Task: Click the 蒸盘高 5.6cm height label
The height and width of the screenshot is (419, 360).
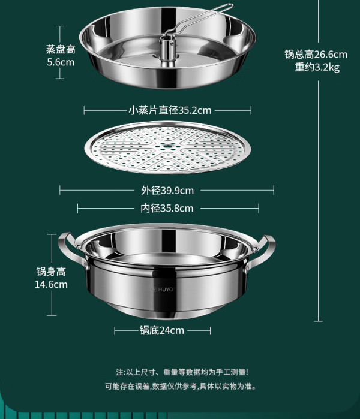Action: click(61, 56)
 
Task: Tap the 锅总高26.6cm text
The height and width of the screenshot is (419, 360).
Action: click(316, 54)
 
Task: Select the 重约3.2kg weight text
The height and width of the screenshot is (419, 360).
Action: click(317, 67)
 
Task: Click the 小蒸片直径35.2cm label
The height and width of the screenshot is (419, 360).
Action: click(170, 110)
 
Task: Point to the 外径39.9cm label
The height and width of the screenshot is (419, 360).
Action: click(167, 191)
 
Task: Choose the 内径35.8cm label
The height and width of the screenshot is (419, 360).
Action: click(167, 208)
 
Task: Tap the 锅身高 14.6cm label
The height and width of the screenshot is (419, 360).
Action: click(51, 278)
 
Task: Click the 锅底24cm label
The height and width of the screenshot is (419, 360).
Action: click(162, 330)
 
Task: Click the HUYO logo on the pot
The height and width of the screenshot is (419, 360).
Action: click(163, 289)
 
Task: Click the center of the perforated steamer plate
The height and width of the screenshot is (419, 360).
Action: click(167, 146)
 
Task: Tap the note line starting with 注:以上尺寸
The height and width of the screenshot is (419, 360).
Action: click(182, 372)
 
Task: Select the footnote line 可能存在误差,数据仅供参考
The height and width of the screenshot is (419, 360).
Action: click(181, 387)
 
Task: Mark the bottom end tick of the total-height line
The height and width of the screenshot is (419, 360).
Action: click(318, 321)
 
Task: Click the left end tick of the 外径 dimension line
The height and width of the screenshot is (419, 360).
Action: click(60, 190)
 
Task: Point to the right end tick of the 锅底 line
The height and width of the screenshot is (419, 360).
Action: click(210, 331)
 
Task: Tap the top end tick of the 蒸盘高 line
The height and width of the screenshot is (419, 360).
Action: click(60, 26)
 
